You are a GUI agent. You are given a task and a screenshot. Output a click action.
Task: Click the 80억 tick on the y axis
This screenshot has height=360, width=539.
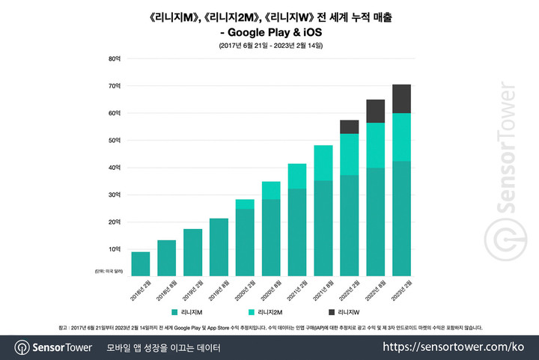tap(115, 58)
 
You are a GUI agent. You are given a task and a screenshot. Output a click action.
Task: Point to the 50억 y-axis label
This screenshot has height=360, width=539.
tap(115, 140)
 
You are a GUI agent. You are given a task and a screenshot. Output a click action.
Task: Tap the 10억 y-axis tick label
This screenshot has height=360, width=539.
tap(115, 249)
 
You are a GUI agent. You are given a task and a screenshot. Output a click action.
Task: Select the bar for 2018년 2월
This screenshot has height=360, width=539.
tap(140, 263)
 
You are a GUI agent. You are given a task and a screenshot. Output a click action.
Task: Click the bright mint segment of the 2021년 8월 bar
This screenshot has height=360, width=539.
tap(323, 163)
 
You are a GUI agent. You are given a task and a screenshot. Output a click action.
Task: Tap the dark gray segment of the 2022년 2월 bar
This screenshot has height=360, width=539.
tap(349, 126)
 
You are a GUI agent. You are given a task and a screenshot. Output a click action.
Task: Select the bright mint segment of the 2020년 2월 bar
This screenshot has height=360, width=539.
tap(244, 204)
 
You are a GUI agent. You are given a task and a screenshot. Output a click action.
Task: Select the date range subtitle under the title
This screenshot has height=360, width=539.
tap(270, 46)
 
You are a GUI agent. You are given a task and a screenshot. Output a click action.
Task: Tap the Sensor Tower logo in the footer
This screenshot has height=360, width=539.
tap(53, 347)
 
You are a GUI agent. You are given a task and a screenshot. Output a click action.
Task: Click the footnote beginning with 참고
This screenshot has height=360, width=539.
tap(269, 327)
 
